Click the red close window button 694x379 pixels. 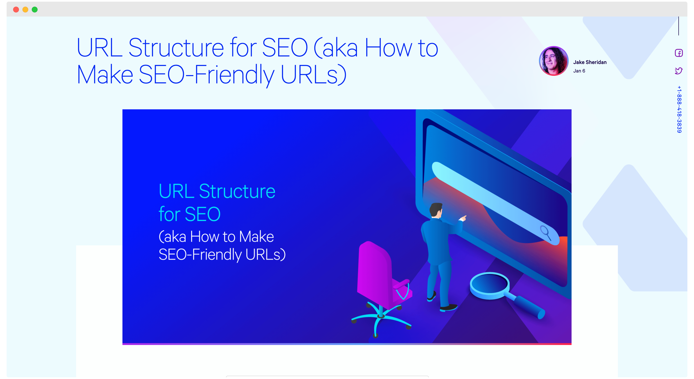16,10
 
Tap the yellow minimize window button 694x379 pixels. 25,10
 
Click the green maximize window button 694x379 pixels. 35,10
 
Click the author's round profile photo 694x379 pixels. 554,61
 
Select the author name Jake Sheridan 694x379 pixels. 590,62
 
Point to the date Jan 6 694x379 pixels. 579,71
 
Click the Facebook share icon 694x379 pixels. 679,53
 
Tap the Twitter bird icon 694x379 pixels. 679,71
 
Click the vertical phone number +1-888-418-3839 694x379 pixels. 679,109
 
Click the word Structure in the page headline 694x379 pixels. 176,48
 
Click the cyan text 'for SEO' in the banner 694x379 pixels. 189,214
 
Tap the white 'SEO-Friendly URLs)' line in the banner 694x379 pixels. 222,254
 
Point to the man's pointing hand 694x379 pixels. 463,218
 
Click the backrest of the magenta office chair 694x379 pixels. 374,272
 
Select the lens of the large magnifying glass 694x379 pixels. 490,285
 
